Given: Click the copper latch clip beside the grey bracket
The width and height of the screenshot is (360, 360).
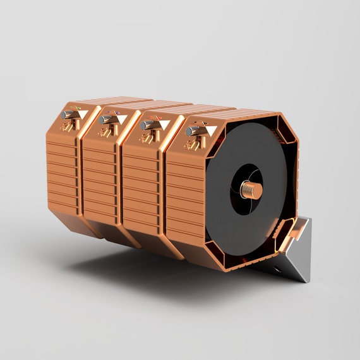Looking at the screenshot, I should [291, 234].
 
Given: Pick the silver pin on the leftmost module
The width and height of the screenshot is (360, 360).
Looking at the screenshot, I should [68, 114].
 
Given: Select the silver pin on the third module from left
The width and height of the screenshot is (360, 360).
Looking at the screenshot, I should [147, 124].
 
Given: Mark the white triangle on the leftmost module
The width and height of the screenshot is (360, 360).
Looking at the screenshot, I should [81, 115].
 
